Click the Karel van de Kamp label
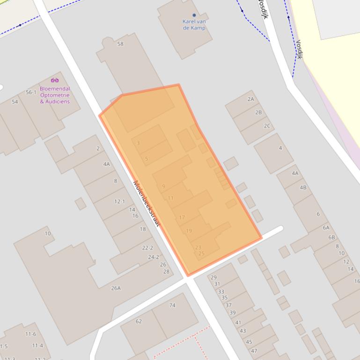pyautogui.click(x=194, y=24)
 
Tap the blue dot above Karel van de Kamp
pyautogui.click(x=194, y=15)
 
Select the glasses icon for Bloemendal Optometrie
pyautogui.click(x=55, y=80)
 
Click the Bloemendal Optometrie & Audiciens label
pyautogui.click(x=55, y=95)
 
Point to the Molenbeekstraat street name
pyautogui.click(x=147, y=204)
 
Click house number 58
pyautogui.click(x=120, y=44)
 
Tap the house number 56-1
pyautogui.click(x=31, y=92)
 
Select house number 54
pyautogui.click(x=15, y=101)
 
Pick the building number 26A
pyautogui.click(x=116, y=288)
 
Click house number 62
pyautogui.click(x=139, y=321)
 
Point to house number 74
pyautogui.click(x=172, y=305)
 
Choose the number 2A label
pyautogui.click(x=250, y=99)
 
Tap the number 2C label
pyautogui.click(x=267, y=126)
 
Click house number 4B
pyautogui.click(x=303, y=187)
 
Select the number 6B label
pyautogui.click(x=332, y=237)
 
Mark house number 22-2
pyautogui.click(x=147, y=248)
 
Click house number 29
pyautogui.click(x=213, y=278)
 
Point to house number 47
pyautogui.click(x=254, y=351)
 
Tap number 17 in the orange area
pyautogui.click(x=182, y=217)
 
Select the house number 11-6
pyautogui.click(x=30, y=334)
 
